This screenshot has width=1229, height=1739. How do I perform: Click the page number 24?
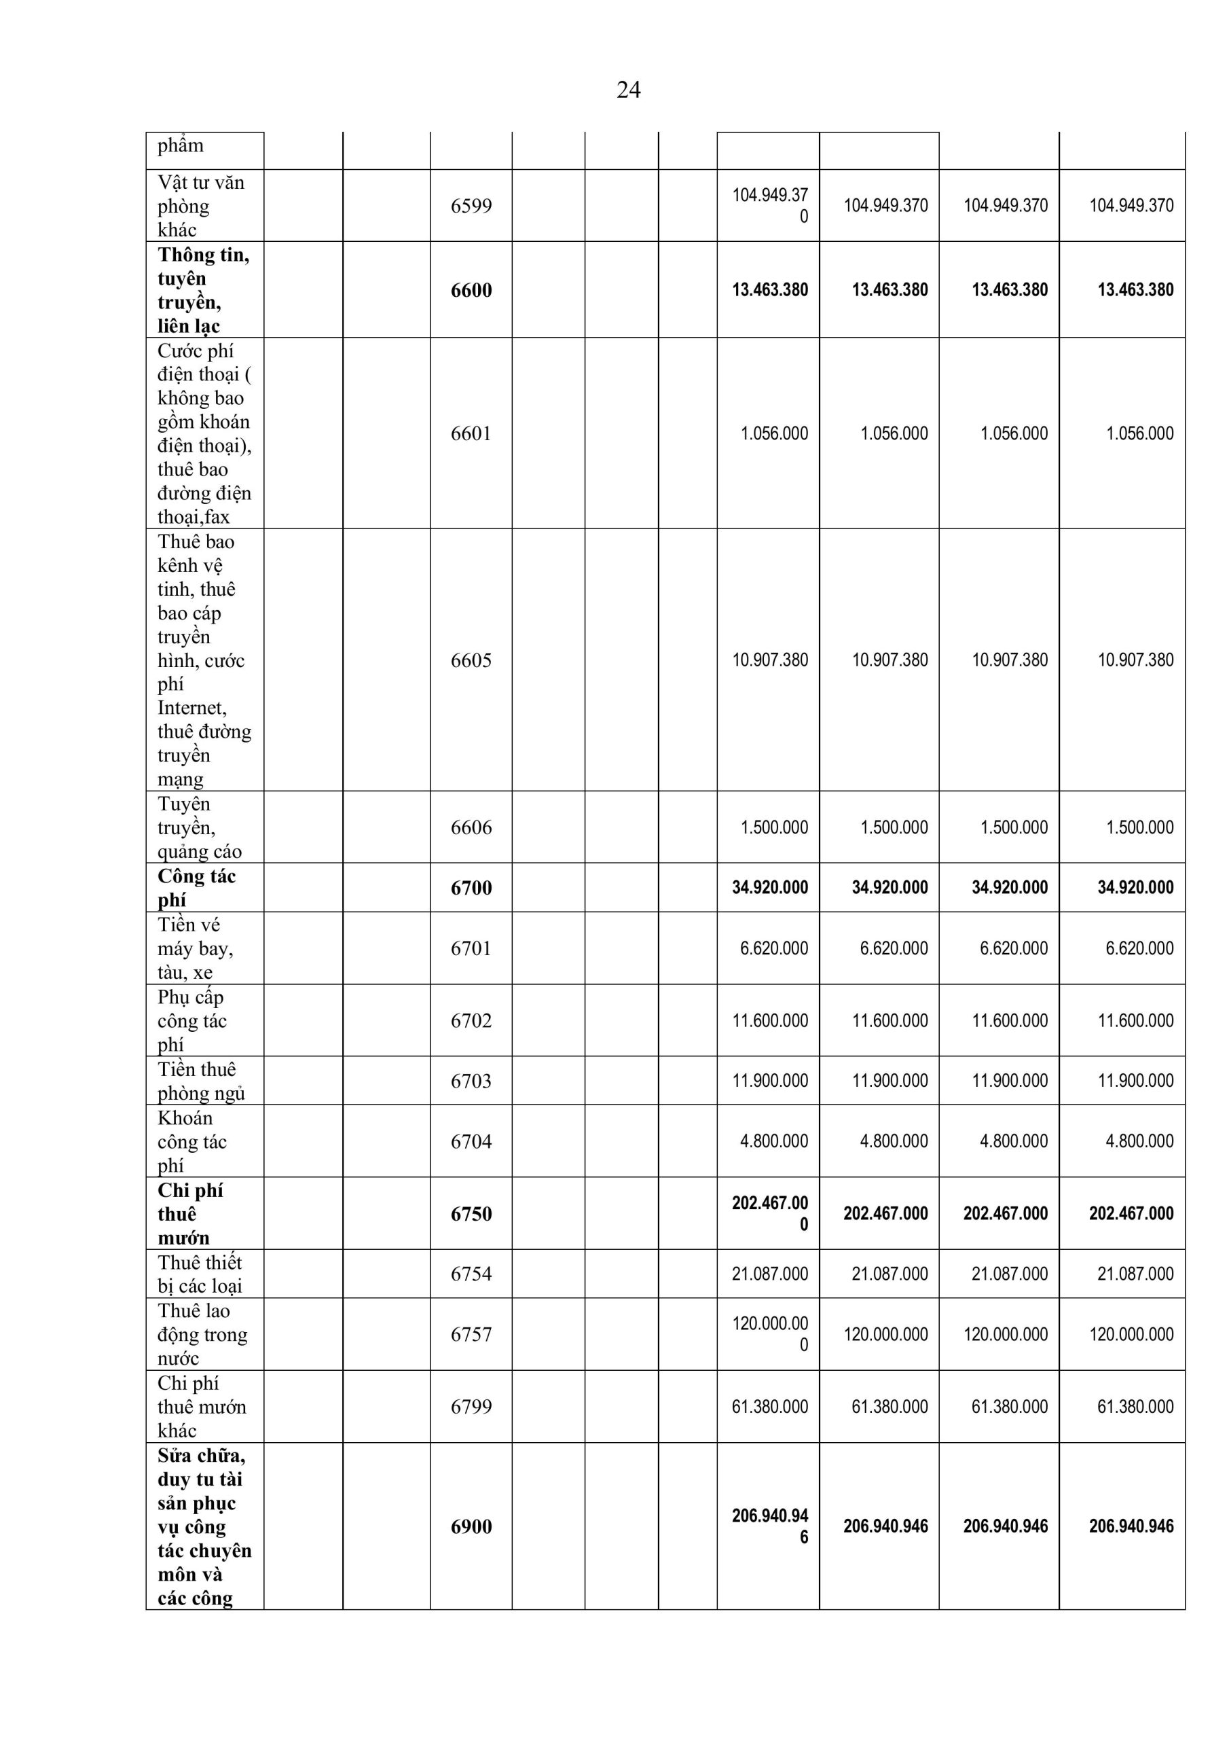(629, 90)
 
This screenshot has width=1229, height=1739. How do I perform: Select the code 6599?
(471, 206)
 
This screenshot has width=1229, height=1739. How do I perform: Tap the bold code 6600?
(471, 290)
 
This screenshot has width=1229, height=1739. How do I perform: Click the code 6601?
(471, 433)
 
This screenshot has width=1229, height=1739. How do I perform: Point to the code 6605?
(471, 660)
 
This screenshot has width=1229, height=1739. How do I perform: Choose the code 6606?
(471, 827)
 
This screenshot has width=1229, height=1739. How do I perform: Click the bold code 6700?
(471, 888)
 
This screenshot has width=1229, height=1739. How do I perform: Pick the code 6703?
(471, 1081)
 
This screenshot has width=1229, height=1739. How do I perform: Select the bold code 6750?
(471, 1213)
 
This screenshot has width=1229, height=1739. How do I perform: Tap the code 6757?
(471, 1335)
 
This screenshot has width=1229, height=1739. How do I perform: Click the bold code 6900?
(471, 1526)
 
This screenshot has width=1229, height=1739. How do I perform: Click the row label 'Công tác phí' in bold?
(196, 888)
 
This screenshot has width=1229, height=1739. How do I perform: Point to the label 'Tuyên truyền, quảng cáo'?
(199, 827)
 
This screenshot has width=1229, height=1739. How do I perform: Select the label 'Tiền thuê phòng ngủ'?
(201, 1081)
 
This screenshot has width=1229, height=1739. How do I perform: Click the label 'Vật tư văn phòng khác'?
(201, 206)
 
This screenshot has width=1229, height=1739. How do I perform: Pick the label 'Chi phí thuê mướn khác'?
(202, 1407)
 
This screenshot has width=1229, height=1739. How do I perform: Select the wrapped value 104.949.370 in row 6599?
(770, 205)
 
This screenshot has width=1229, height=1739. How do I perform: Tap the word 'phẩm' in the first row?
(180, 145)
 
